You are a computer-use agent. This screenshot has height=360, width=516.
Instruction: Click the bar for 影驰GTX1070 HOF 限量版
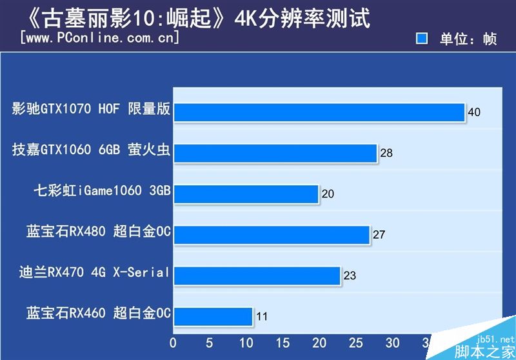point(319,112)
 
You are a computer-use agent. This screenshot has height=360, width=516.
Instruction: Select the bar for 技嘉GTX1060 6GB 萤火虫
point(275,153)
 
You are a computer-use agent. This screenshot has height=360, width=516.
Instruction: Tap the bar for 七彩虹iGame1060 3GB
point(246,194)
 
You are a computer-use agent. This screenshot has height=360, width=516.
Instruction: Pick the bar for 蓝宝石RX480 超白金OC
point(272,235)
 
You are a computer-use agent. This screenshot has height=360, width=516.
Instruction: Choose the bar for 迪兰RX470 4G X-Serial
point(257,275)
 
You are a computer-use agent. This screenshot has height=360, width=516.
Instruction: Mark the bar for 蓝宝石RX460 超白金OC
point(213,316)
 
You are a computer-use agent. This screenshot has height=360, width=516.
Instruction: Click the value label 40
point(474,112)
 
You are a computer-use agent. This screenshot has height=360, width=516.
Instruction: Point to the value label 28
point(386,153)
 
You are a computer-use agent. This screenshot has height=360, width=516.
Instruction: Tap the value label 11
point(261,317)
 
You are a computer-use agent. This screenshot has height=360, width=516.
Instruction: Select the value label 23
point(350,275)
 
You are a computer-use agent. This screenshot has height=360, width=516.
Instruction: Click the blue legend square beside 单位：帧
point(422,39)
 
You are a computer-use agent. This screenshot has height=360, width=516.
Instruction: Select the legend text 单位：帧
point(468,39)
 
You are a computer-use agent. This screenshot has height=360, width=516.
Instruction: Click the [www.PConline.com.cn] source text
point(99,37)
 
